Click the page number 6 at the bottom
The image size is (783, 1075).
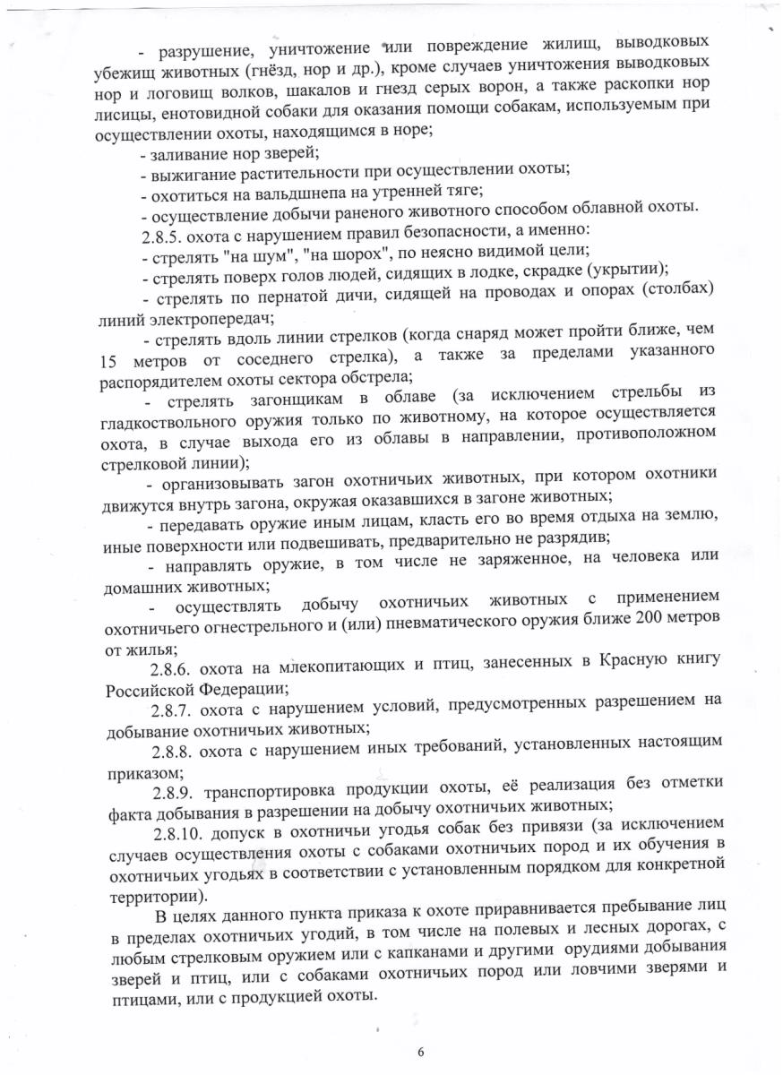(420, 1051)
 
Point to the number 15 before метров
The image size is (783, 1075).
(108, 359)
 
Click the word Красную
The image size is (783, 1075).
(624, 665)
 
